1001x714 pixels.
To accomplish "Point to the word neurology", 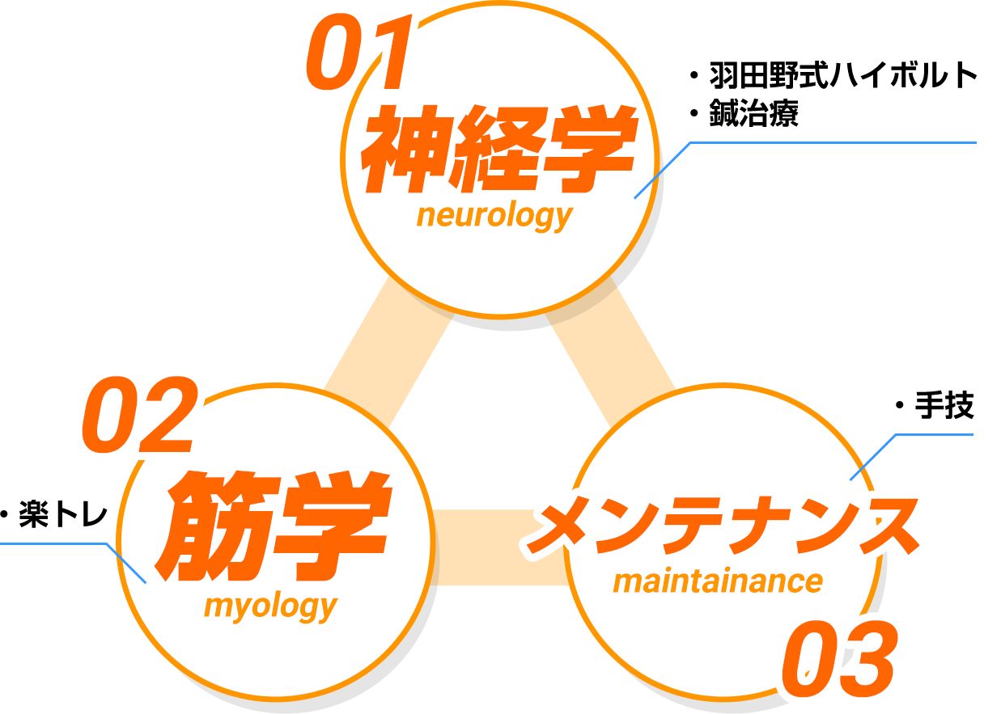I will tap(494, 216).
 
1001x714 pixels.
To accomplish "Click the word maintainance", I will tap(718, 581).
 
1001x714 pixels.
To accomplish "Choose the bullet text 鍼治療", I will tap(753, 114).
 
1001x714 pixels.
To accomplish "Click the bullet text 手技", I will tap(944, 406).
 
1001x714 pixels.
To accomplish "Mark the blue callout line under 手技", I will tap(931, 434).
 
